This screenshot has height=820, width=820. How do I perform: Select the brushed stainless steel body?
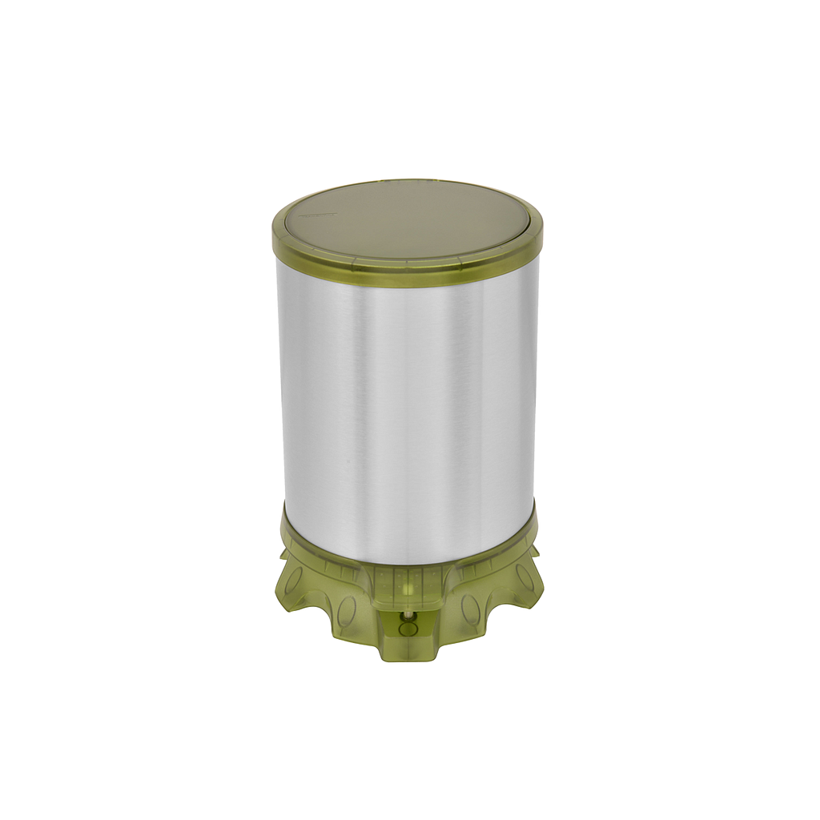(x=407, y=400)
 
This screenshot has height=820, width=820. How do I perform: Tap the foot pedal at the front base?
(x=408, y=633)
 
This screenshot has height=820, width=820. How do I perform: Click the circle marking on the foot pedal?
(x=408, y=629)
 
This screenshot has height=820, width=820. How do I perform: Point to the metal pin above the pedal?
(x=408, y=613)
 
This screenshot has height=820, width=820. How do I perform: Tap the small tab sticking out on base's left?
(x=284, y=553)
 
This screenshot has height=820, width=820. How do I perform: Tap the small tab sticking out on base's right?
(x=534, y=553)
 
